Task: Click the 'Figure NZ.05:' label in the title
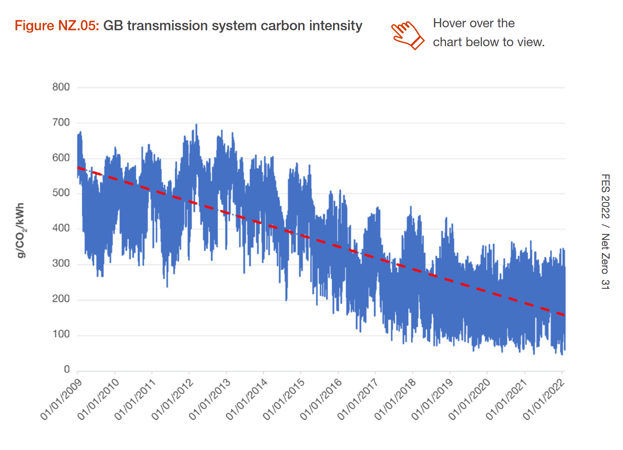tap(57, 26)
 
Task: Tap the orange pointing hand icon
tap(407, 35)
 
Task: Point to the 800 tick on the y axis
tap(61, 87)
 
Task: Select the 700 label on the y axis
tap(61, 123)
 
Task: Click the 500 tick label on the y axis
tap(61, 193)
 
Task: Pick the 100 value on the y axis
tap(61, 334)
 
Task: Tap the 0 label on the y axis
tap(67, 369)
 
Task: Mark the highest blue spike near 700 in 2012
tap(196, 125)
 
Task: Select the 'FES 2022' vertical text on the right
tap(605, 196)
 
